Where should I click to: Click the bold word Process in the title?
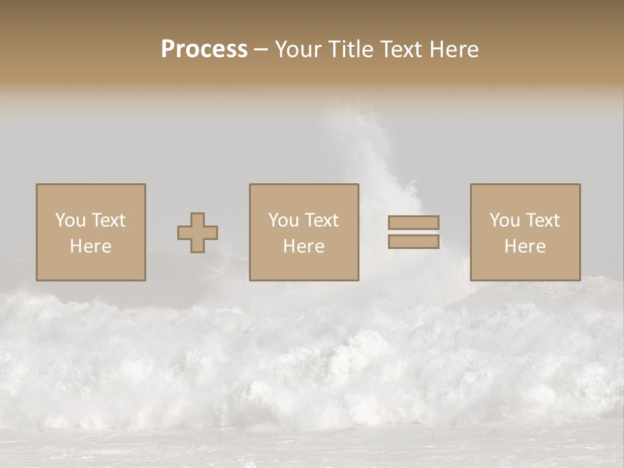pyautogui.click(x=204, y=49)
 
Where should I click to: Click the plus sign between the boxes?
pyautogui.click(x=198, y=233)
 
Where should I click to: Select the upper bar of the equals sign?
pyautogui.click(x=413, y=222)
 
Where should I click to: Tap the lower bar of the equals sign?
pyautogui.click(x=413, y=242)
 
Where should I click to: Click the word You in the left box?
pyautogui.click(x=70, y=220)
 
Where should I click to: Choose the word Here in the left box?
pyautogui.click(x=90, y=246)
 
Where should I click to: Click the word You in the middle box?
pyautogui.click(x=283, y=220)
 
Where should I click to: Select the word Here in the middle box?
pyautogui.click(x=304, y=246)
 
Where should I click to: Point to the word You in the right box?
pyautogui.click(x=504, y=220)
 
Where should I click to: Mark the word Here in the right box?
pyautogui.click(x=525, y=246)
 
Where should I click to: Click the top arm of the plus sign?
pyautogui.click(x=198, y=219)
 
